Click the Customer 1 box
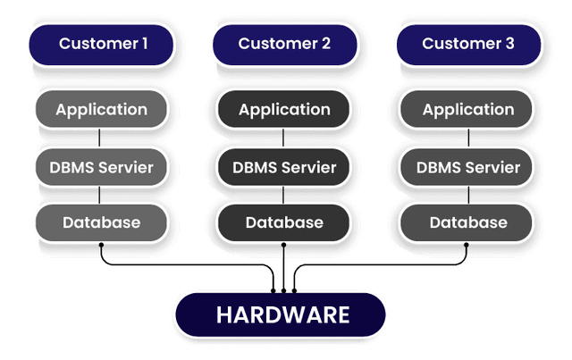[x=101, y=43]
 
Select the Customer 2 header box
[x=284, y=43]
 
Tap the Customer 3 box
[x=467, y=43]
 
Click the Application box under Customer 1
[x=101, y=110]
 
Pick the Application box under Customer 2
[x=284, y=110]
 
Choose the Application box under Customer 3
[x=467, y=110]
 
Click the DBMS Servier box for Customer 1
[x=101, y=166]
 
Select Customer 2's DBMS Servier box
[x=284, y=166]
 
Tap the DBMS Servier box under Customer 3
[x=467, y=166]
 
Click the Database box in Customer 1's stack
[x=101, y=222]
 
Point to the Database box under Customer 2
[x=284, y=222]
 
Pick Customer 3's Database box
[x=467, y=222]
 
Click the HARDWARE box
[x=282, y=314]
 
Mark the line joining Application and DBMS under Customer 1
[x=101, y=138]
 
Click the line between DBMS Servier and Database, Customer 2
[x=284, y=194]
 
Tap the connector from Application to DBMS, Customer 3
[x=467, y=138]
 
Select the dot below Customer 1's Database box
[x=101, y=244]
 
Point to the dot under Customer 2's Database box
[x=284, y=244]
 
